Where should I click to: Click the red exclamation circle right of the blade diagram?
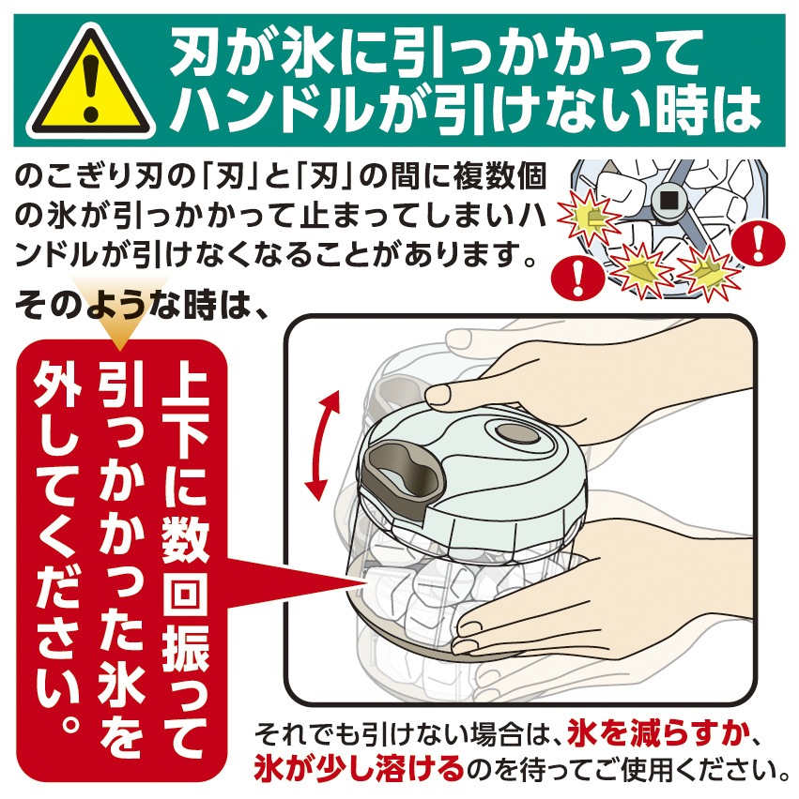point(758,243)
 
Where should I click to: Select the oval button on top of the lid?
point(517,433)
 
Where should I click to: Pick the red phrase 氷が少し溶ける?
point(360,769)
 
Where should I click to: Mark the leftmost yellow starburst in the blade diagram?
point(589,217)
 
